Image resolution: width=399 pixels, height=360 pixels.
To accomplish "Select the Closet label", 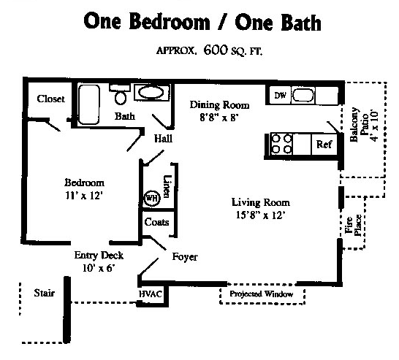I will pos(51,99).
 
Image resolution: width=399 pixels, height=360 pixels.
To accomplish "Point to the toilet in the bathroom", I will pos(121,95).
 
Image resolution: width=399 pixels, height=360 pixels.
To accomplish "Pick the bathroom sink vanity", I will pos(151,93).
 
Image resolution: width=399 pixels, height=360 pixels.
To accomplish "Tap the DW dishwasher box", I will pos(280,96).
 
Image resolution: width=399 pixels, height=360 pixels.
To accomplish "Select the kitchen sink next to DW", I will pos(303,96).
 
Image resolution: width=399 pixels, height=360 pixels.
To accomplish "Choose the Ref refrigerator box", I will pos(324,145).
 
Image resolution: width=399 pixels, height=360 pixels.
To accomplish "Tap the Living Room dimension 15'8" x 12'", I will pos(260,215).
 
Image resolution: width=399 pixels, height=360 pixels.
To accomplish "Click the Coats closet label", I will pos(156,222).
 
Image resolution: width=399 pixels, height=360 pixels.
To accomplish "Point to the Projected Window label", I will pos(261,294).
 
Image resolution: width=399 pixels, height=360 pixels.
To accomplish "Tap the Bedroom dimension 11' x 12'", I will pos(83,195).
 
